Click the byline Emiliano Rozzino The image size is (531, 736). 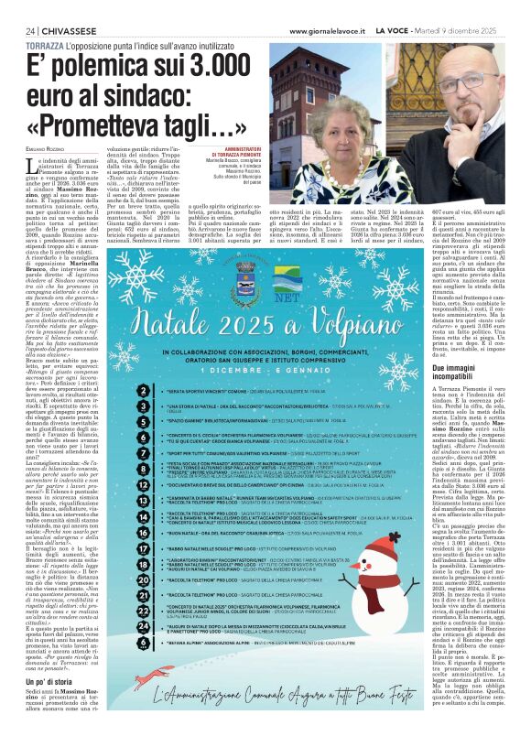click(x=44, y=164)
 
